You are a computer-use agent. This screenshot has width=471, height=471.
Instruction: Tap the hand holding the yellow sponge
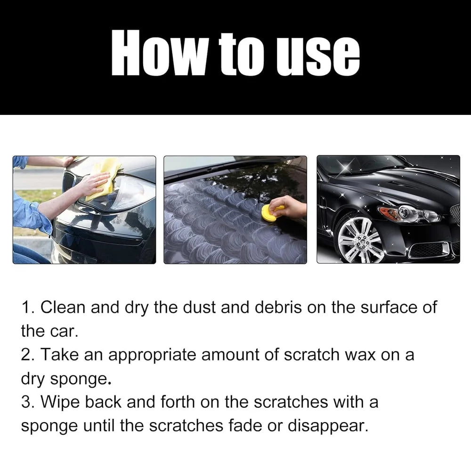point(290,206)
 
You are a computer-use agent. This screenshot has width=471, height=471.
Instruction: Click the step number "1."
point(28,308)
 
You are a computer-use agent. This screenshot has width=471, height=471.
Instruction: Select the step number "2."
point(28,355)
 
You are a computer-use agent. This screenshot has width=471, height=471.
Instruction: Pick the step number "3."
point(28,402)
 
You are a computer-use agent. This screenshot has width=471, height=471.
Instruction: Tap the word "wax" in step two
point(359,355)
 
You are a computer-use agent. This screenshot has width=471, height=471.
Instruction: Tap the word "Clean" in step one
point(63,308)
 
